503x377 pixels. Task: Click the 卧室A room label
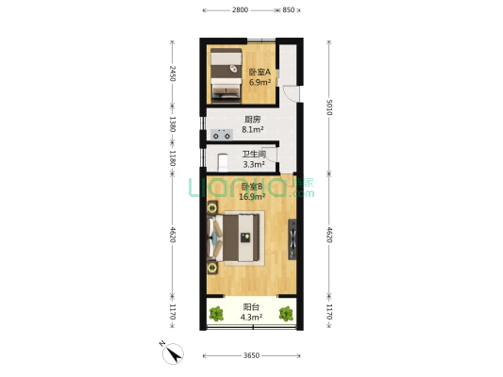(260, 72)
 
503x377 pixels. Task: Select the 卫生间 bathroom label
(254, 155)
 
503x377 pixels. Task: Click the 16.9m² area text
(252, 198)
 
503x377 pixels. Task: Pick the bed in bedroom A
(226, 75)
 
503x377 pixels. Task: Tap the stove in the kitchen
(222, 134)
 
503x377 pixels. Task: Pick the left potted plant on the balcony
(217, 314)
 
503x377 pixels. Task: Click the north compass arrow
(174, 353)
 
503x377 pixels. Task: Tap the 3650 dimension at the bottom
(251, 356)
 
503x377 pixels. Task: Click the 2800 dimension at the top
(239, 9)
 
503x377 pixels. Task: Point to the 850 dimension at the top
(290, 9)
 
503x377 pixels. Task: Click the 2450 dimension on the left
(172, 74)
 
